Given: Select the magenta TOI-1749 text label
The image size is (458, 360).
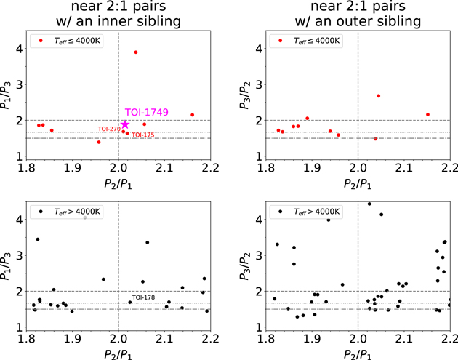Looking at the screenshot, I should pyautogui.click(x=147, y=112).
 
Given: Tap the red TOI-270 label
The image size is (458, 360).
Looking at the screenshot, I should pyautogui.click(x=108, y=129).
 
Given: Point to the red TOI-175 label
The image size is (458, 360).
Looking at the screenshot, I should pyautogui.click(x=142, y=135).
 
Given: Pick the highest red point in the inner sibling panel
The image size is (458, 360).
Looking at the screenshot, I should pyautogui.click(x=136, y=52).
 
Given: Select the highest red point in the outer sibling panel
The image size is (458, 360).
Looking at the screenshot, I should pyautogui.click(x=378, y=96).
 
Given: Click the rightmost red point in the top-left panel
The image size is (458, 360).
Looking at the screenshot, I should pyautogui.click(x=193, y=115).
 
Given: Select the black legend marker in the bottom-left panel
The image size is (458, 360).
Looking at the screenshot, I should pyautogui.click(x=41, y=212).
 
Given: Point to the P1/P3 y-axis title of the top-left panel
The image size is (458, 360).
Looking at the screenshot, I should pyautogui.click(x=10, y=94).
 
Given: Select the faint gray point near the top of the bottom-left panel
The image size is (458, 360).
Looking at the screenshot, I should pyautogui.click(x=85, y=217).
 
